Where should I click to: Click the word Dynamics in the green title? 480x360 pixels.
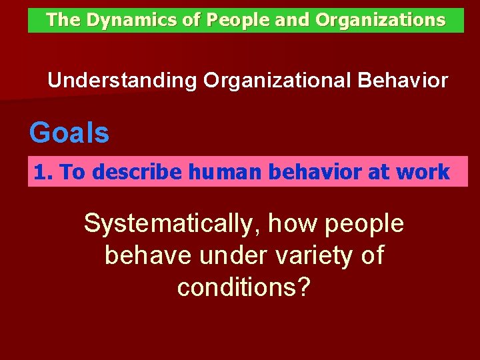coord(124,21)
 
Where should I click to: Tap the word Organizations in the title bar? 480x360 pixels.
coord(380,21)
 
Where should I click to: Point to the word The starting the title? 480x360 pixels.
coord(63,21)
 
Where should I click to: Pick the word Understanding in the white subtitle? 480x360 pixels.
coord(122,81)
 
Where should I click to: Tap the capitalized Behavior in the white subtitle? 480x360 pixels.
coord(403,81)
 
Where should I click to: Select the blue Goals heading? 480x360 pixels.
coord(69,133)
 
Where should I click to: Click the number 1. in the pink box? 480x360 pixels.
coord(43,172)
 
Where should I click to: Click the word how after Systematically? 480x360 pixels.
coord(291,224)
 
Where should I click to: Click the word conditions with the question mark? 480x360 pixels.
coord(243,287)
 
